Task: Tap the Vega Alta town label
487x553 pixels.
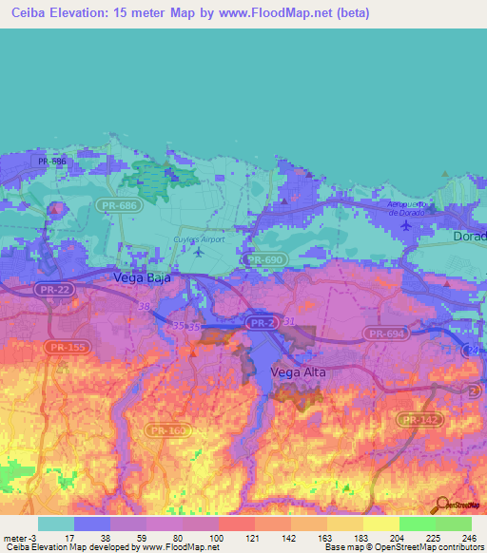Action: (x=298, y=372)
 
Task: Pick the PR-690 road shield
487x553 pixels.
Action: (x=263, y=258)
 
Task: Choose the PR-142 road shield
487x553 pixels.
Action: (x=419, y=418)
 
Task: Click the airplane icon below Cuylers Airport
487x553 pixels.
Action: (x=197, y=252)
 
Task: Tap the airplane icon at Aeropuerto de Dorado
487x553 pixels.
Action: (x=406, y=224)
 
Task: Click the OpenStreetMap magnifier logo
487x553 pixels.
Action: (x=442, y=506)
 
